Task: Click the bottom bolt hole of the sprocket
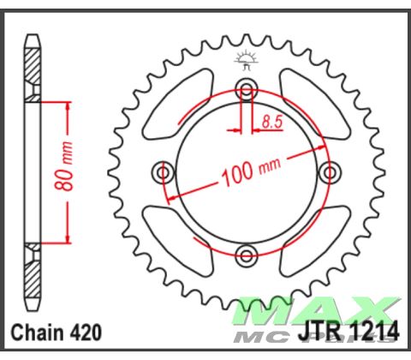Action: [x=247, y=253]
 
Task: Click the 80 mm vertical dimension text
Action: [x=79, y=172]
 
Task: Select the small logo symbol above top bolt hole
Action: [x=247, y=60]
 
